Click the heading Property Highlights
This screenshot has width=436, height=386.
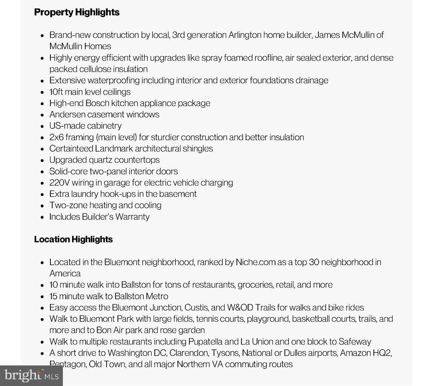pos(76,12)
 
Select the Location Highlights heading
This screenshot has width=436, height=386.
pos(73,239)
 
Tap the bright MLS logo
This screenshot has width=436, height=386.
pos(31,375)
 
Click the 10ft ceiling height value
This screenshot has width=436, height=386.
pos(56,92)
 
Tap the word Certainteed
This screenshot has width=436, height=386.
pos(71,149)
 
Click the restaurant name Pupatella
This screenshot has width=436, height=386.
pos(205,342)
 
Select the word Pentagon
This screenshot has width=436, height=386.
pos(67,364)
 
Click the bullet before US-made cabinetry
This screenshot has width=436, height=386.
pos(42,126)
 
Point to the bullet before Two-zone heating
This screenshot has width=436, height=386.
pos(42,206)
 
